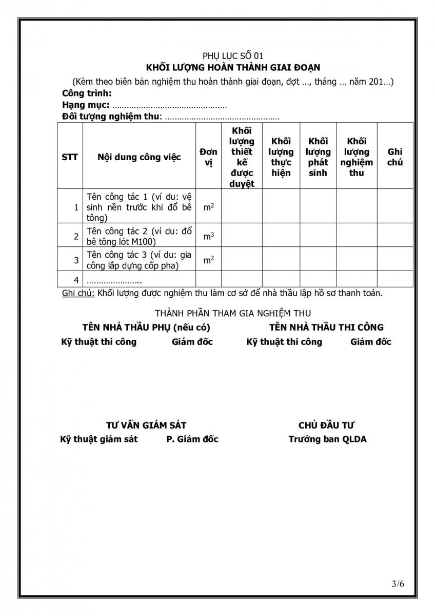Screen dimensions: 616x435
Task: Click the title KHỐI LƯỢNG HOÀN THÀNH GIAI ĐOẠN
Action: (233, 67)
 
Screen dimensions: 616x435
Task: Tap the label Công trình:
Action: (87, 93)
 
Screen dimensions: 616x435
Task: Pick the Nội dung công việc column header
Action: (139, 157)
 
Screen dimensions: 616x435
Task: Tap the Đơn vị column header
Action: (208, 157)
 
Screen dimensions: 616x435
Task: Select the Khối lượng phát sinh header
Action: (318, 157)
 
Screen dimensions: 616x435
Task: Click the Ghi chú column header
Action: (395, 157)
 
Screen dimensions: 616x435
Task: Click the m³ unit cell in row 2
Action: (208, 236)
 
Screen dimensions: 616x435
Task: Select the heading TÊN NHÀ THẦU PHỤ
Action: (146, 327)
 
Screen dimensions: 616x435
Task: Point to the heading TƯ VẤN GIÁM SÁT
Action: (146, 425)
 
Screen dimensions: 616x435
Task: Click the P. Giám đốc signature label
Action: (192, 439)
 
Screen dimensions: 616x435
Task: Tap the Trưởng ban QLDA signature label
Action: (327, 439)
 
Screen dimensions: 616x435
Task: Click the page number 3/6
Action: (398, 583)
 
